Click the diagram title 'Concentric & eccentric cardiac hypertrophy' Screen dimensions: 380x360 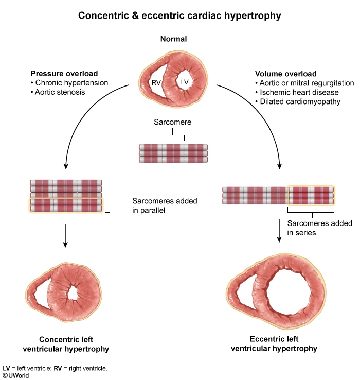179,15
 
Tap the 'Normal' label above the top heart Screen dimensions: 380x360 173,39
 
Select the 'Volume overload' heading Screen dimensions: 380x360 285,74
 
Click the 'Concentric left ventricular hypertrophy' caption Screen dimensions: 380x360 74,344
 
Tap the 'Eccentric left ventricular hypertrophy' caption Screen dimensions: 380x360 274,344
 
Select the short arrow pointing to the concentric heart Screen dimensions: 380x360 66,235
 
